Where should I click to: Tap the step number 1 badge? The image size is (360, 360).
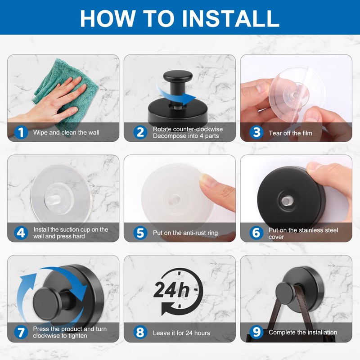tap(21, 132)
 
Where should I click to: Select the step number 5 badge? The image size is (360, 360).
tap(140, 233)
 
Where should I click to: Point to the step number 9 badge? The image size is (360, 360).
tap(256, 332)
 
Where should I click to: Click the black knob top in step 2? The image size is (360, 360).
tap(178, 76)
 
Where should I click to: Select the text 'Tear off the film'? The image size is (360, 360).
tap(290, 133)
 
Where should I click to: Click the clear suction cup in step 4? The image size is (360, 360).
tap(62, 193)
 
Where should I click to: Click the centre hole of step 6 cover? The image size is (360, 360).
tap(287, 201)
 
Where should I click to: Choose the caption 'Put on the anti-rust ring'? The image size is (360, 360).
tap(185, 233)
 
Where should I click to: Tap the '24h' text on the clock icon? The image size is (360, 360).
tap(171, 290)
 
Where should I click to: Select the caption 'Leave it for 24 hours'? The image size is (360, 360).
tap(181, 333)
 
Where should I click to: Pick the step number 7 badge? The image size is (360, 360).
tap(21, 332)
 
